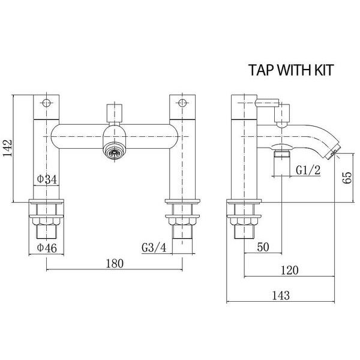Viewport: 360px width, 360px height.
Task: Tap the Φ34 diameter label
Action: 47,178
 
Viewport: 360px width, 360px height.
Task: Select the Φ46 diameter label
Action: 47,248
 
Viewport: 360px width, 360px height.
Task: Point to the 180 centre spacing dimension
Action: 114,263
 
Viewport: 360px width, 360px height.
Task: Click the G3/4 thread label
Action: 154,248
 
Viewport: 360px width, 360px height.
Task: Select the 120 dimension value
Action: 289,271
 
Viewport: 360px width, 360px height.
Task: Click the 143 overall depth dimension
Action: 280,295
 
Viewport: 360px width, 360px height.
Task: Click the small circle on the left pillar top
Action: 47,100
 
